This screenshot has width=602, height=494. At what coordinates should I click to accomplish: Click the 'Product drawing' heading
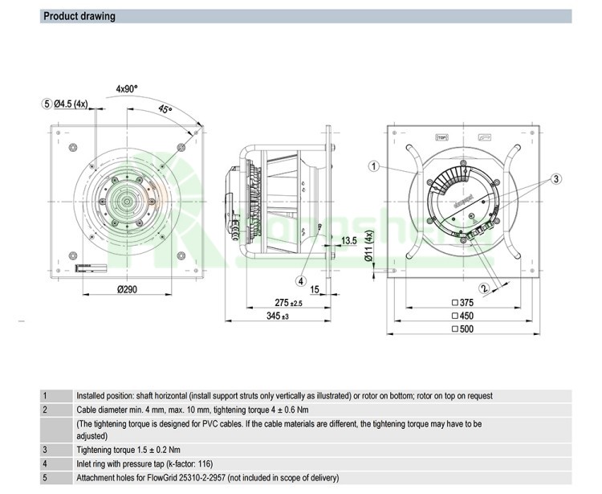click(79, 16)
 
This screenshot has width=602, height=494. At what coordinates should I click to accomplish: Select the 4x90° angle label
click(128, 89)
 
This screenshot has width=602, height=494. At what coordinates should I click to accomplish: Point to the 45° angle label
click(165, 110)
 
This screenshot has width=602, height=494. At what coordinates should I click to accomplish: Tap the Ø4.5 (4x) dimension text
click(75, 103)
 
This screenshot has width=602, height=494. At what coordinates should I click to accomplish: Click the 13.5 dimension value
click(348, 240)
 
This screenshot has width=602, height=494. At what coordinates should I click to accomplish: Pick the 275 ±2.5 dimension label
click(288, 303)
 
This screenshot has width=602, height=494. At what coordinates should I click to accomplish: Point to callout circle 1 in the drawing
click(373, 166)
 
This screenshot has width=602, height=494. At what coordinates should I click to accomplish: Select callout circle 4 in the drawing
click(301, 281)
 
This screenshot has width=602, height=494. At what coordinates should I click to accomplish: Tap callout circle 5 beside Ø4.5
click(47, 103)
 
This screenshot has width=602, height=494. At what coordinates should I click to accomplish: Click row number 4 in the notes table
click(46, 463)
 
